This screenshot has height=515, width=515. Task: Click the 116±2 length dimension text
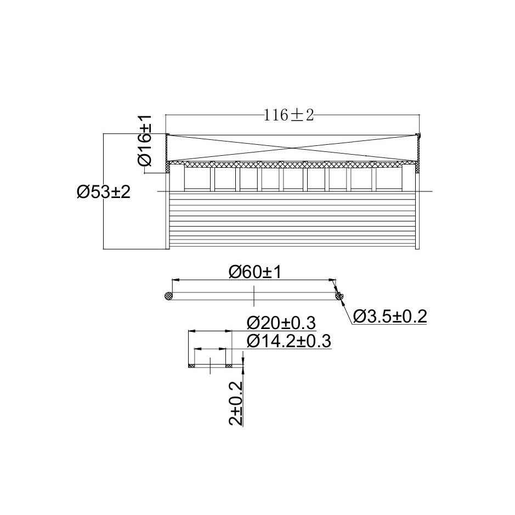click(288, 115)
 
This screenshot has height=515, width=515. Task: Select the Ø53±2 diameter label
click(104, 192)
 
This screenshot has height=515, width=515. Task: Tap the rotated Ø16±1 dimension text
click(144, 140)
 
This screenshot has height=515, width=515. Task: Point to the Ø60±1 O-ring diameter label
click(255, 272)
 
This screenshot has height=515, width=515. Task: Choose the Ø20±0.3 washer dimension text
click(281, 322)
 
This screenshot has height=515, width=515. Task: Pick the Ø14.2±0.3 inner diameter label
click(288, 341)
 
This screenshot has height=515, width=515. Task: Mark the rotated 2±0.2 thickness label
click(236, 404)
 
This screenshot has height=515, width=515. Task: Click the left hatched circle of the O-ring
click(168, 296)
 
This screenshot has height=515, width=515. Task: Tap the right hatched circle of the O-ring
click(339, 296)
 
